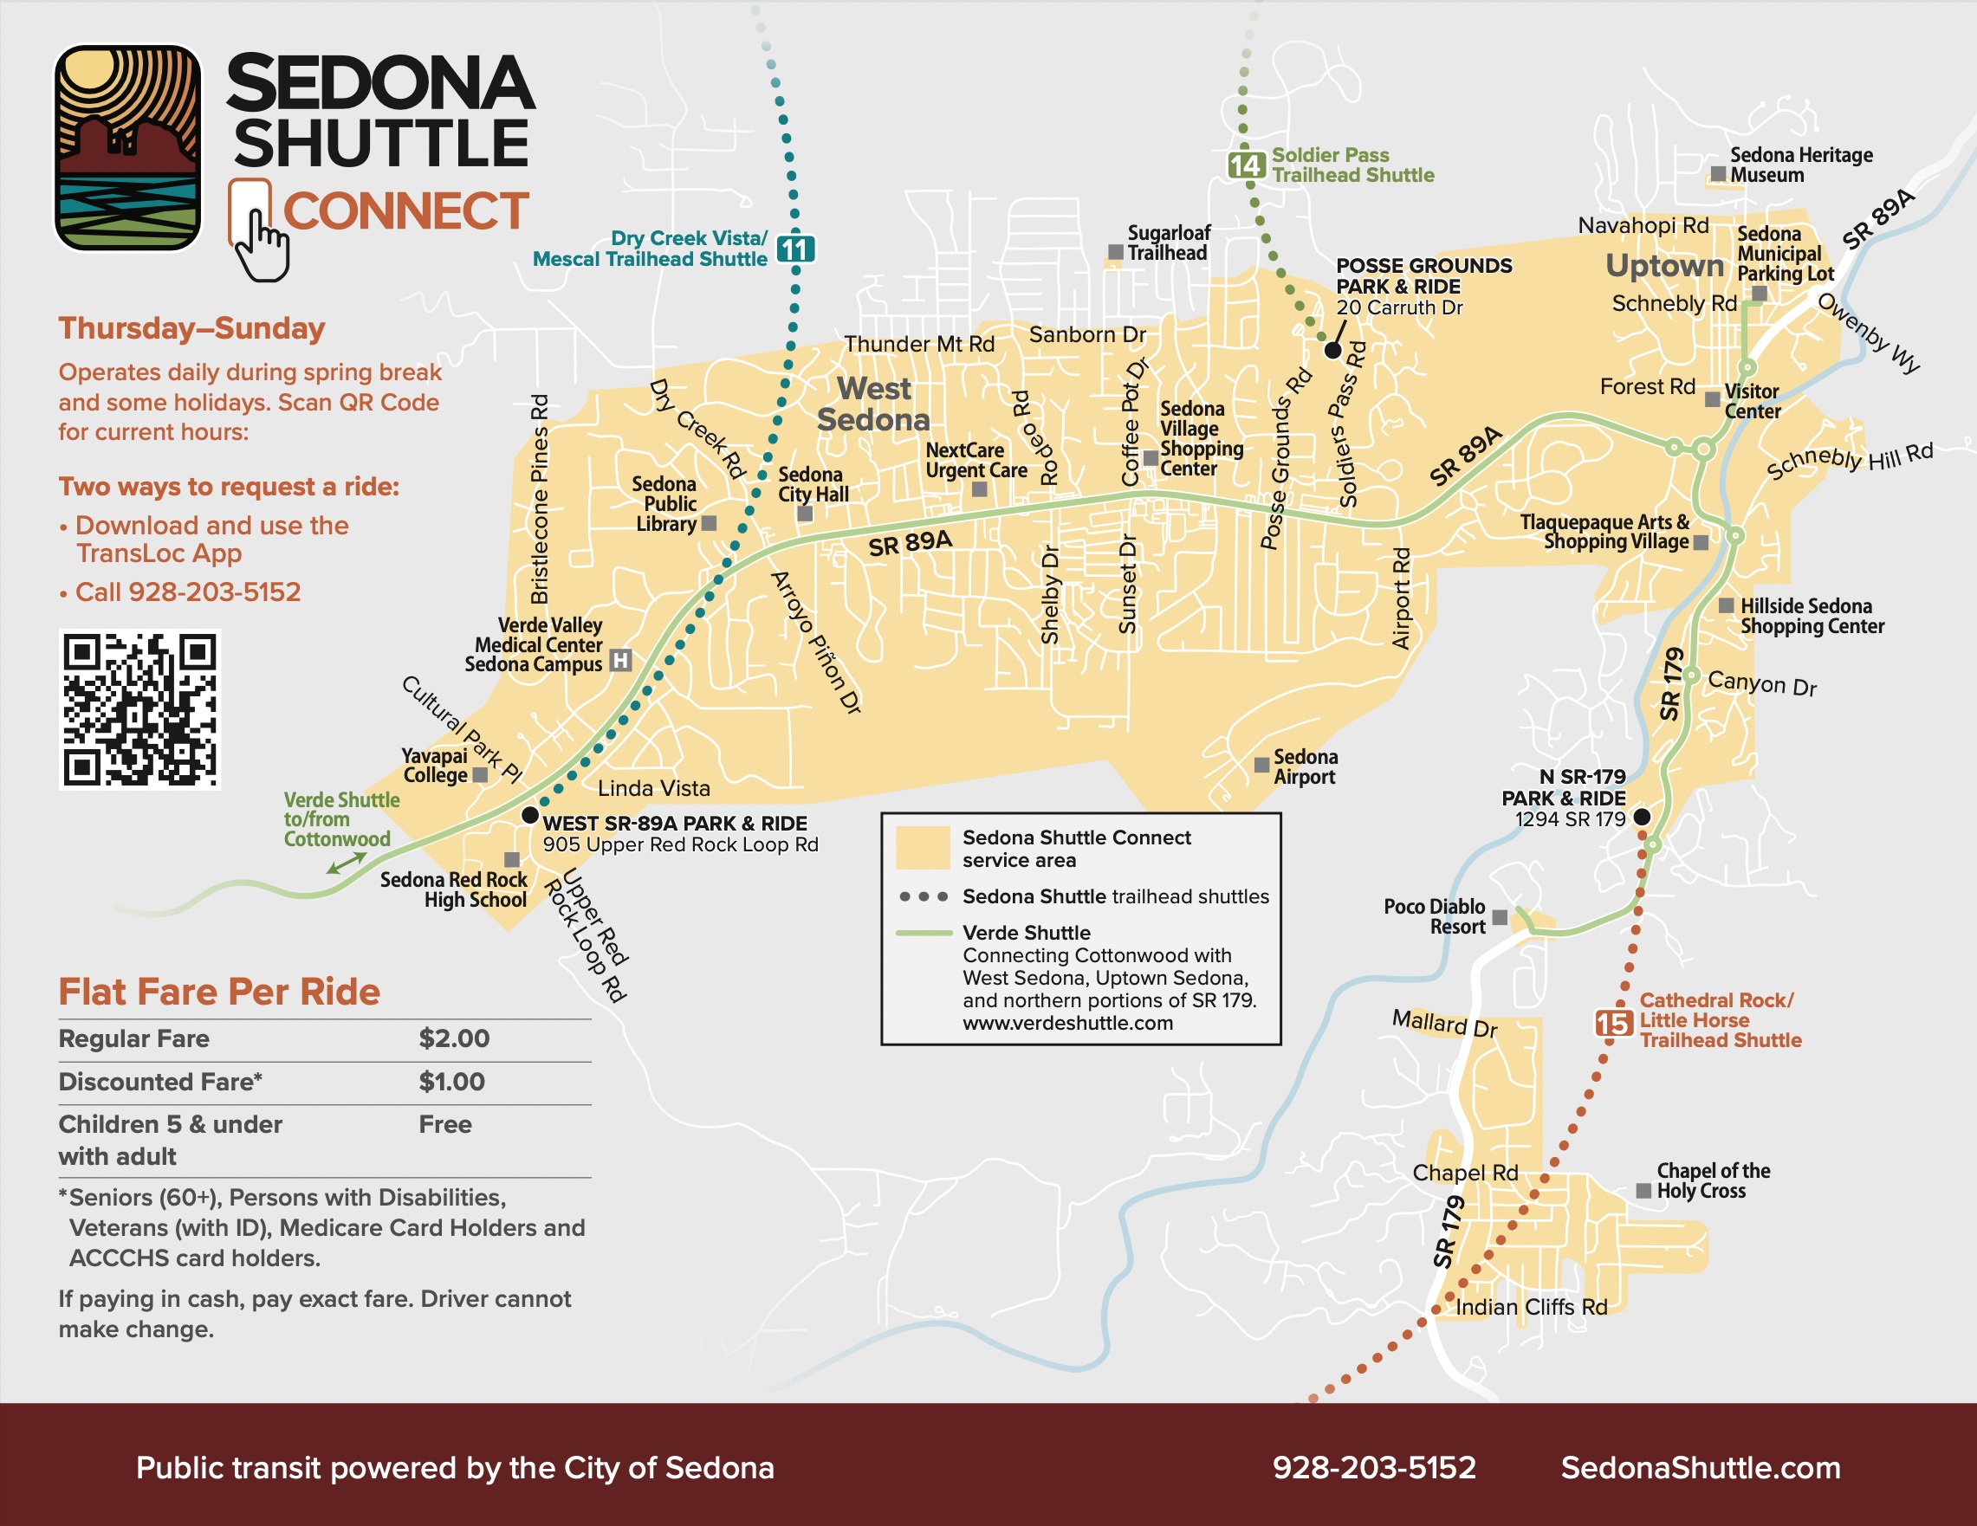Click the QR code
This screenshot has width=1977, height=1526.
(x=139, y=709)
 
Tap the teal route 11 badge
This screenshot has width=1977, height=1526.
(x=796, y=249)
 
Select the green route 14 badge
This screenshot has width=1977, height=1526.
(x=1246, y=165)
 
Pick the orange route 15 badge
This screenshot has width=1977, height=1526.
(x=1613, y=1024)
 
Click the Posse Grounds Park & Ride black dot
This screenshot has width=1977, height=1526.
(x=1332, y=350)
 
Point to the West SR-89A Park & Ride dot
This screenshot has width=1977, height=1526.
(x=530, y=816)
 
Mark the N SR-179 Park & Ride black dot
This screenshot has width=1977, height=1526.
(x=1641, y=818)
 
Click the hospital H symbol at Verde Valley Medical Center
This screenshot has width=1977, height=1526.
(x=620, y=661)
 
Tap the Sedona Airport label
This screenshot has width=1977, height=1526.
(x=1305, y=766)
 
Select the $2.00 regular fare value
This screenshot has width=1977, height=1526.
(x=453, y=1038)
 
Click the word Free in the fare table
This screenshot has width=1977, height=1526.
(x=444, y=1124)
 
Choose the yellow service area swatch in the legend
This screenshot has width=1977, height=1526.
(x=923, y=847)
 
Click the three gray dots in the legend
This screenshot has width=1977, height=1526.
(x=923, y=897)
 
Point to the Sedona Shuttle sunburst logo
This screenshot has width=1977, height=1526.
(x=127, y=147)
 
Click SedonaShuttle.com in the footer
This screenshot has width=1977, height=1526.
(x=1700, y=1467)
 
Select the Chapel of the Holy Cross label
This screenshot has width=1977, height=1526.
(x=1712, y=1181)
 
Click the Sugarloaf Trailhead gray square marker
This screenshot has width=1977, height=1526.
(x=1115, y=253)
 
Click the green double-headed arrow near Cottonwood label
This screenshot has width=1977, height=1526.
(x=347, y=864)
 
